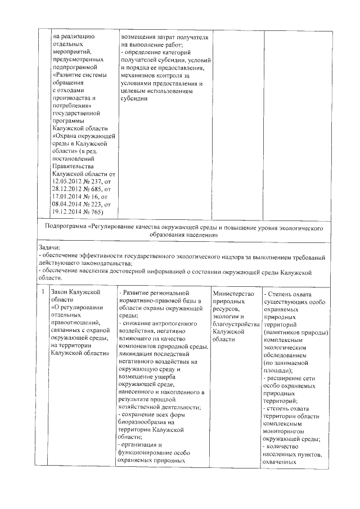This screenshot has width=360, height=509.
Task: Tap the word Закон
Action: click(61, 293)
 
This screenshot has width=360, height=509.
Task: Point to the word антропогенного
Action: click(169, 325)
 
